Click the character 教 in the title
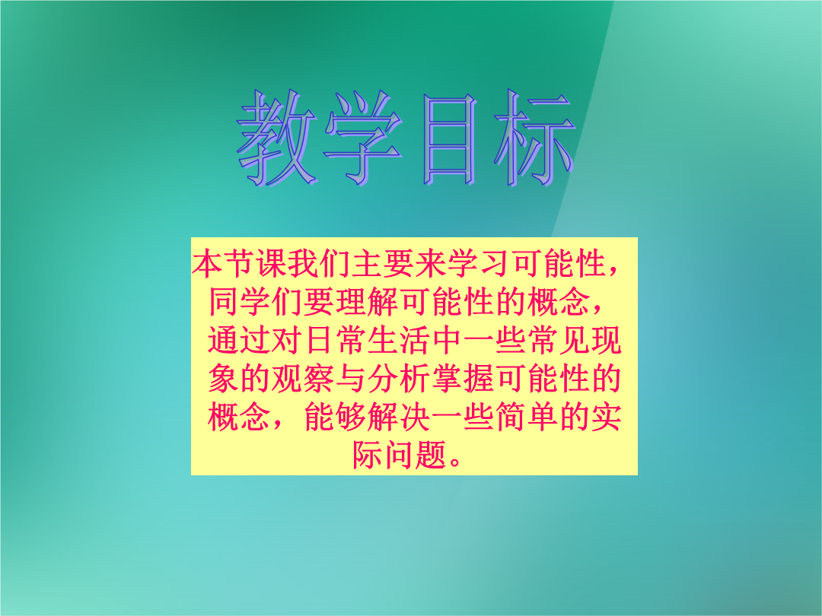pos(277,138)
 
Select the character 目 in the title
pos(450,139)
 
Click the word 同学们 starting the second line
pos(255,302)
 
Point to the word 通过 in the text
pos(240,341)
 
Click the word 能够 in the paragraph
pos(336,417)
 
